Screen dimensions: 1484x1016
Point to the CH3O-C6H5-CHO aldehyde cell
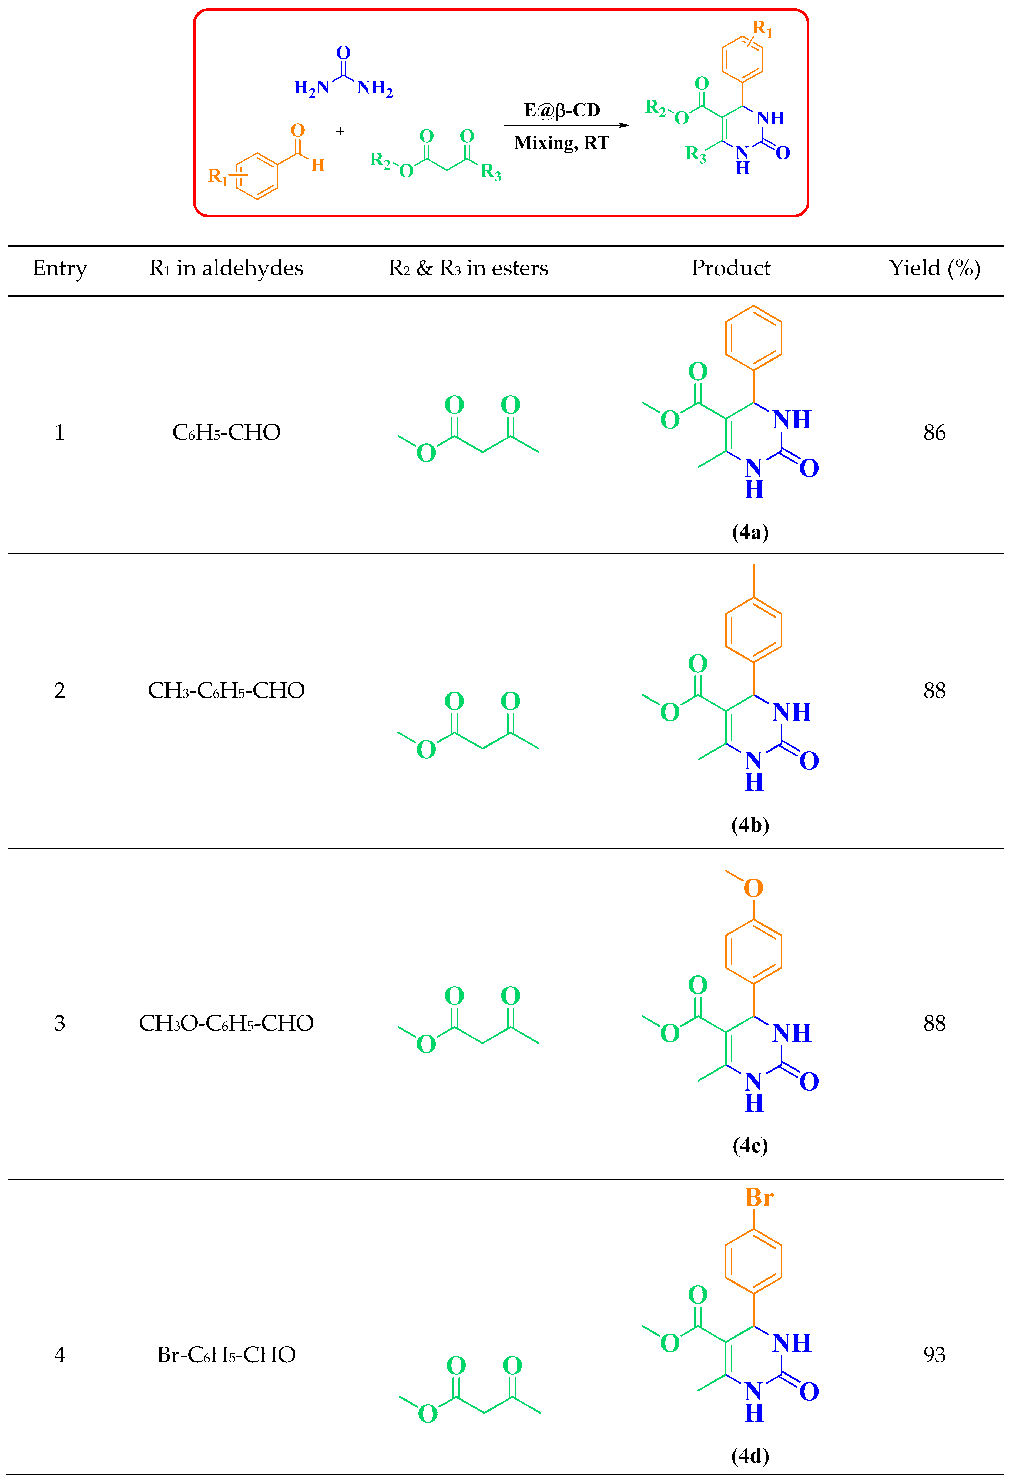[226, 1024]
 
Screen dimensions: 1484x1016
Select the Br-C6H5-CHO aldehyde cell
[226, 1355]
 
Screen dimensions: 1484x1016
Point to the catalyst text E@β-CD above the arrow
[562, 110]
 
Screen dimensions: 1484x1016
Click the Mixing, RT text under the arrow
[562, 142]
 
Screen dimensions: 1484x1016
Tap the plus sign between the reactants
[340, 132]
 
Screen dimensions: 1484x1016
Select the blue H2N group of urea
[311, 88]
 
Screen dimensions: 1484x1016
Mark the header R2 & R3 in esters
[468, 268]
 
